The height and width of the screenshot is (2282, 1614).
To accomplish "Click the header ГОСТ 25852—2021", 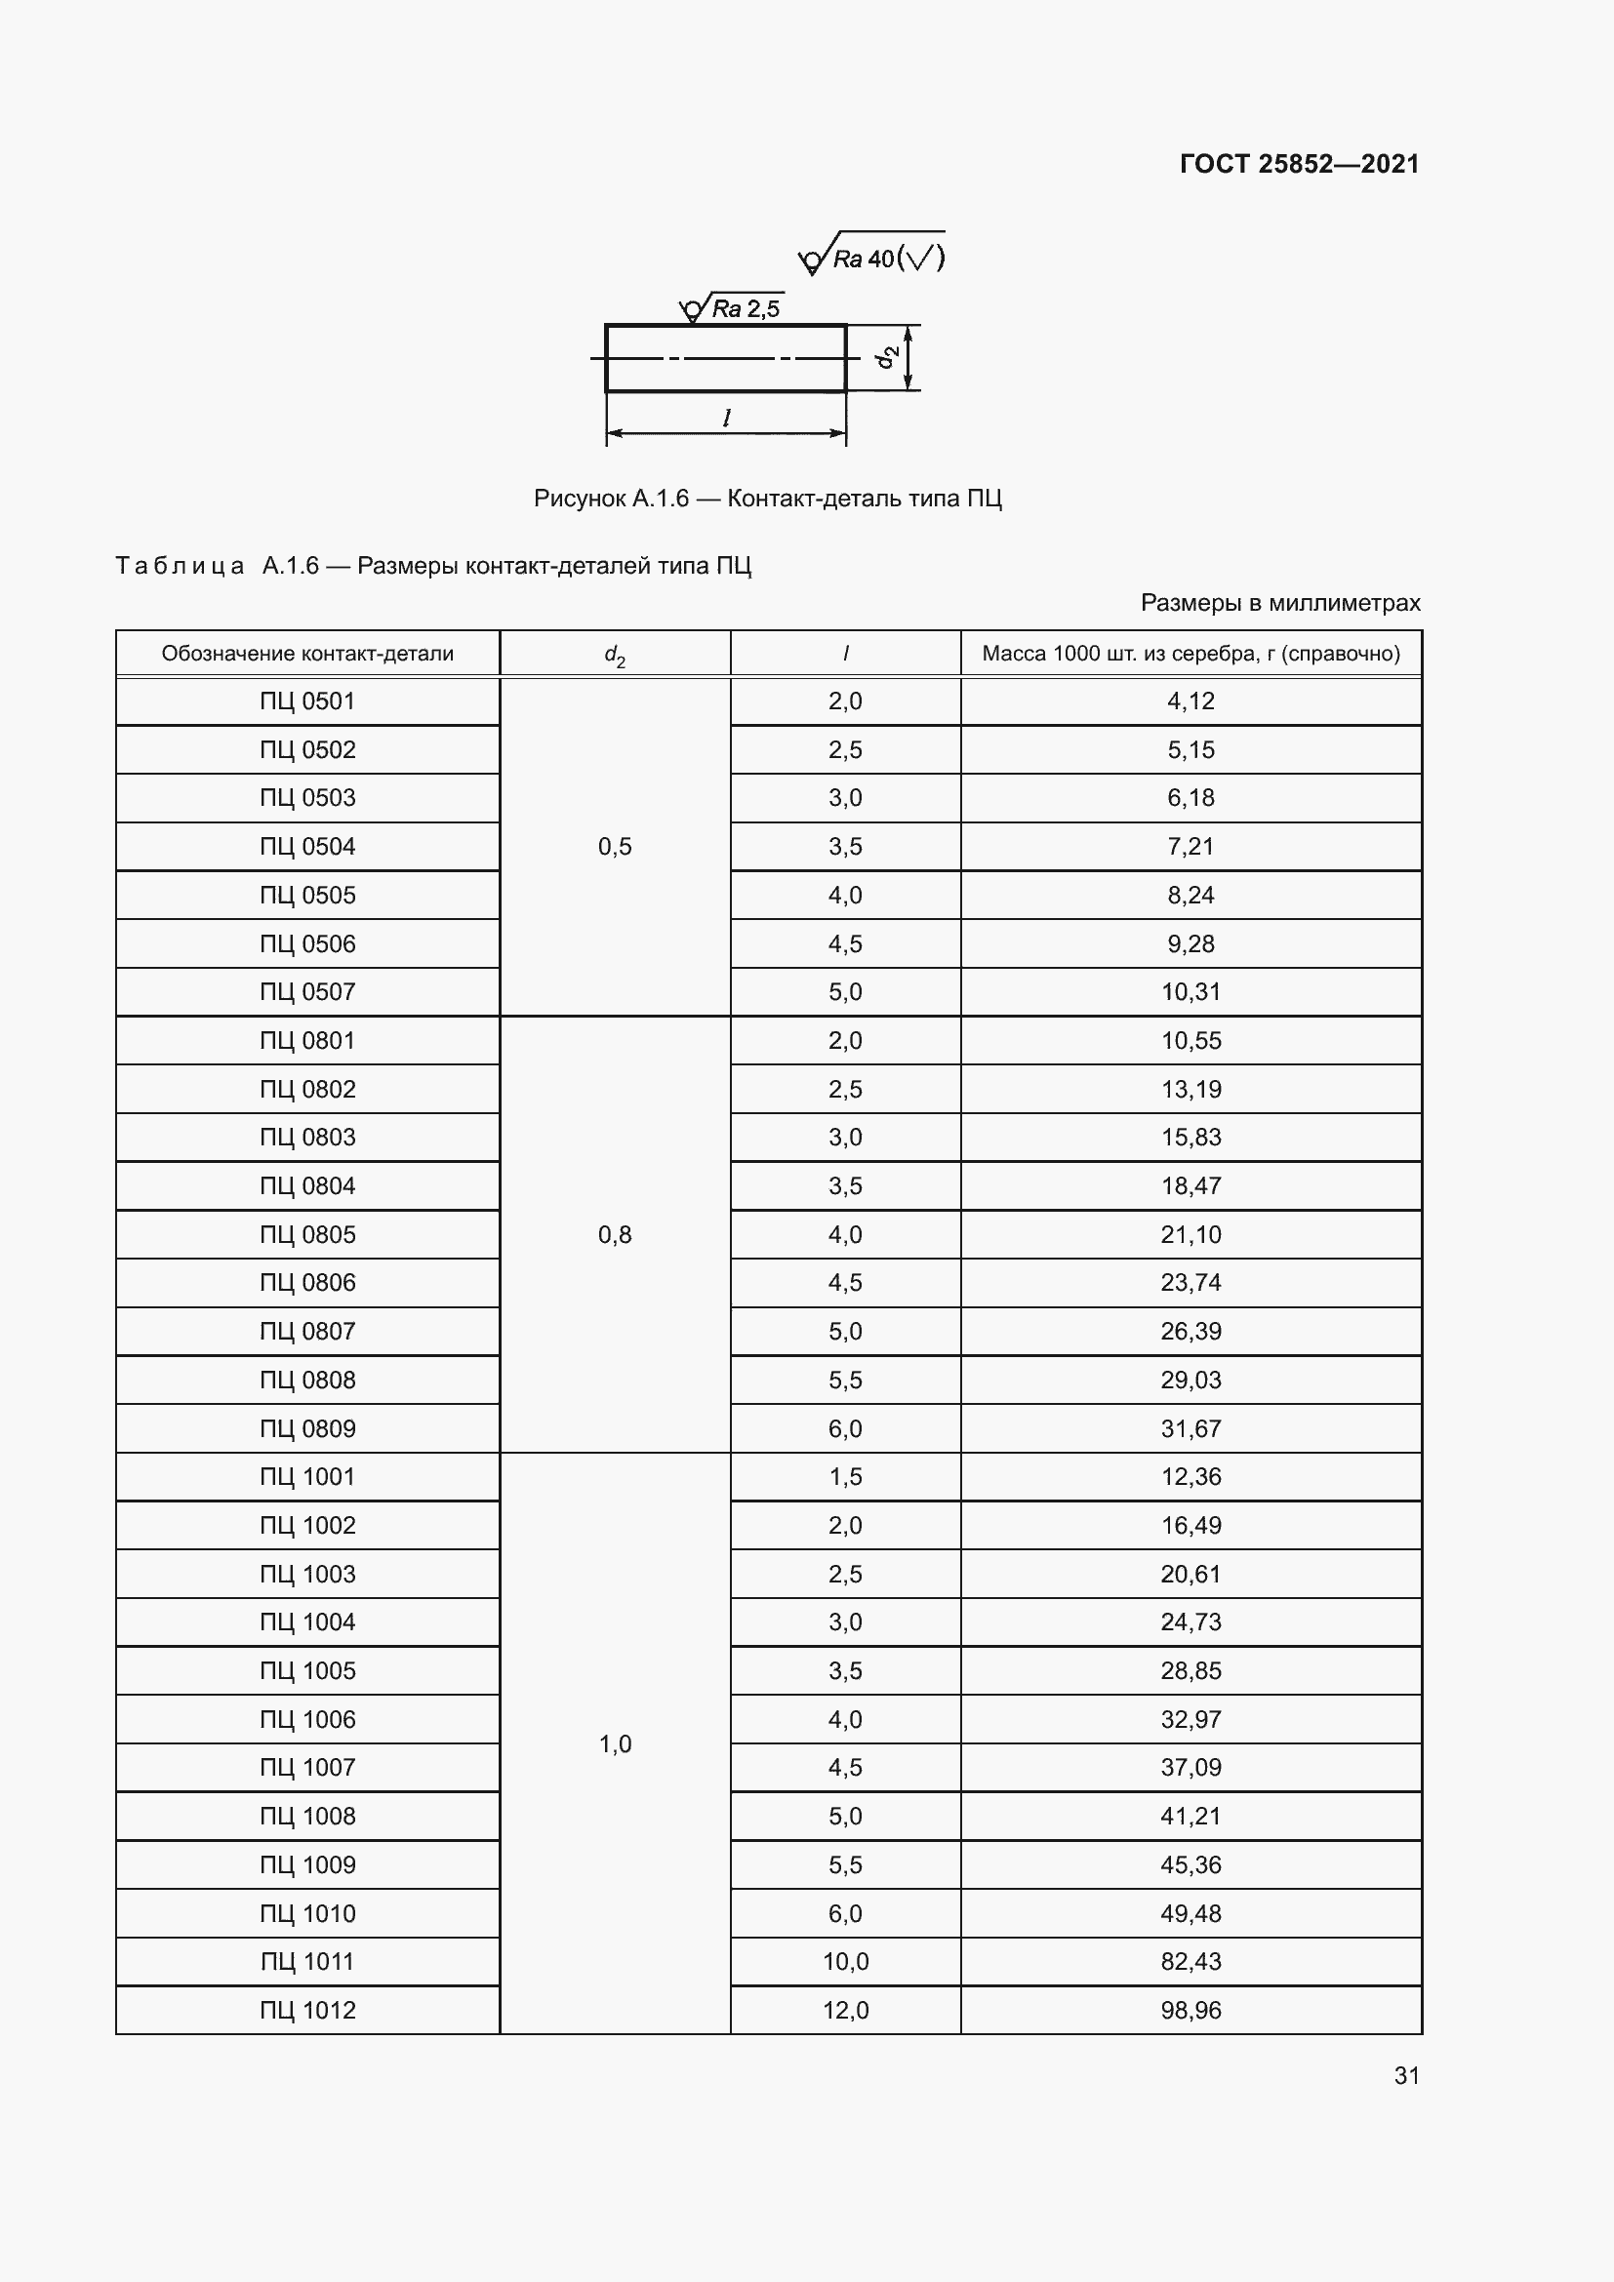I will pyautogui.click(x=1299, y=164).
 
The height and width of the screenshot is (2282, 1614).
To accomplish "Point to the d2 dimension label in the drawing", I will pyautogui.click(x=886, y=357).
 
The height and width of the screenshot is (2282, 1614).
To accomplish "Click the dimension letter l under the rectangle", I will pyautogui.click(x=727, y=419).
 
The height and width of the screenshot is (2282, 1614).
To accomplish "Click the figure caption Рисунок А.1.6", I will pyautogui.click(x=767, y=498).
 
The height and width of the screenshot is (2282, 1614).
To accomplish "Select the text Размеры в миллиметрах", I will pyautogui.click(x=1280, y=602).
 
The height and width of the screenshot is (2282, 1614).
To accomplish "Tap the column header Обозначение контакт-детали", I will pyautogui.click(x=307, y=654).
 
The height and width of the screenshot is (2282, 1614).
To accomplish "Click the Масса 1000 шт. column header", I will pyautogui.click(x=1190, y=654).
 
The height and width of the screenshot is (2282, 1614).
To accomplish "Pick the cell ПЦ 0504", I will pyautogui.click(x=307, y=847).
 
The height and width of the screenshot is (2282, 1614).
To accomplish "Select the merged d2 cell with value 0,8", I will pyautogui.click(x=614, y=1234).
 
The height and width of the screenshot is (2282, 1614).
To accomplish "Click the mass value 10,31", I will pyautogui.click(x=1190, y=992).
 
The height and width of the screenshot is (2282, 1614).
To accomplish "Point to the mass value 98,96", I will pyautogui.click(x=1190, y=2010).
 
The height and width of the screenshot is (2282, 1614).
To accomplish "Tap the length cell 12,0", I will pyautogui.click(x=845, y=2010).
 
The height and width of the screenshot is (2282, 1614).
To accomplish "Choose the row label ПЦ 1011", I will pyautogui.click(x=307, y=1961).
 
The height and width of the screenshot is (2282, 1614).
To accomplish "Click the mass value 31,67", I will pyautogui.click(x=1190, y=1428).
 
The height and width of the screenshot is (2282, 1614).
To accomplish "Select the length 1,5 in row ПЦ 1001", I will pyautogui.click(x=845, y=1477).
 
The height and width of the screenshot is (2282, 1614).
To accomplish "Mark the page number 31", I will pyautogui.click(x=1406, y=2075).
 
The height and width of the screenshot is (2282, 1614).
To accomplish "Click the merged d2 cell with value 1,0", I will pyautogui.click(x=614, y=1743).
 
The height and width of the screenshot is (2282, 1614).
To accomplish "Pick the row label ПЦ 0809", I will pyautogui.click(x=307, y=1428).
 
